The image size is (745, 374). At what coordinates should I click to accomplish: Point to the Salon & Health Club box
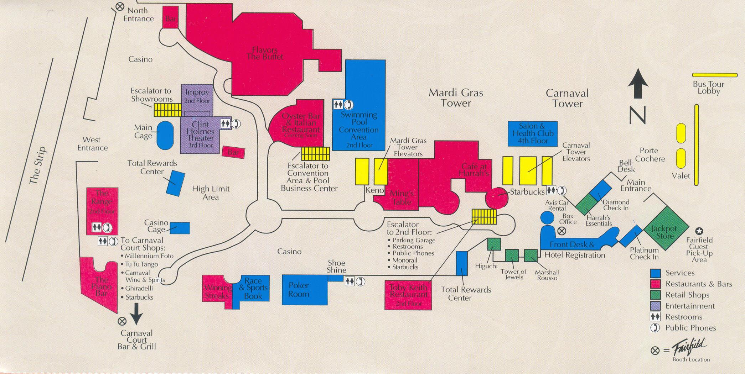pos(533,133)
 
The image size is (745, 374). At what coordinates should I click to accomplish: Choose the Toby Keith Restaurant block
pos(408,295)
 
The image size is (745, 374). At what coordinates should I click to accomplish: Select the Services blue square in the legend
pos(656,273)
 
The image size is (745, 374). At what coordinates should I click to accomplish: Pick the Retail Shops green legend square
pos(656,295)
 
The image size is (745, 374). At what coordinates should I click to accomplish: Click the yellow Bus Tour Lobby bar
pos(714,75)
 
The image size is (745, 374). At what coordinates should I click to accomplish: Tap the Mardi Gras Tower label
pos(456,98)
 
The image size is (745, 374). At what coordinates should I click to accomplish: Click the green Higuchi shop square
pos(494,244)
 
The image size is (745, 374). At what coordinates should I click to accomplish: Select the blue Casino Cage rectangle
pos(180,228)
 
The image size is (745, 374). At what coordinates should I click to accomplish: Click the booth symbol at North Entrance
pos(120,6)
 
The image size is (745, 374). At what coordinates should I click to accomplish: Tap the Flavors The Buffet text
pos(265,53)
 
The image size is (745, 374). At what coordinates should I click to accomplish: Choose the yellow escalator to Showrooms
pos(167,109)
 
